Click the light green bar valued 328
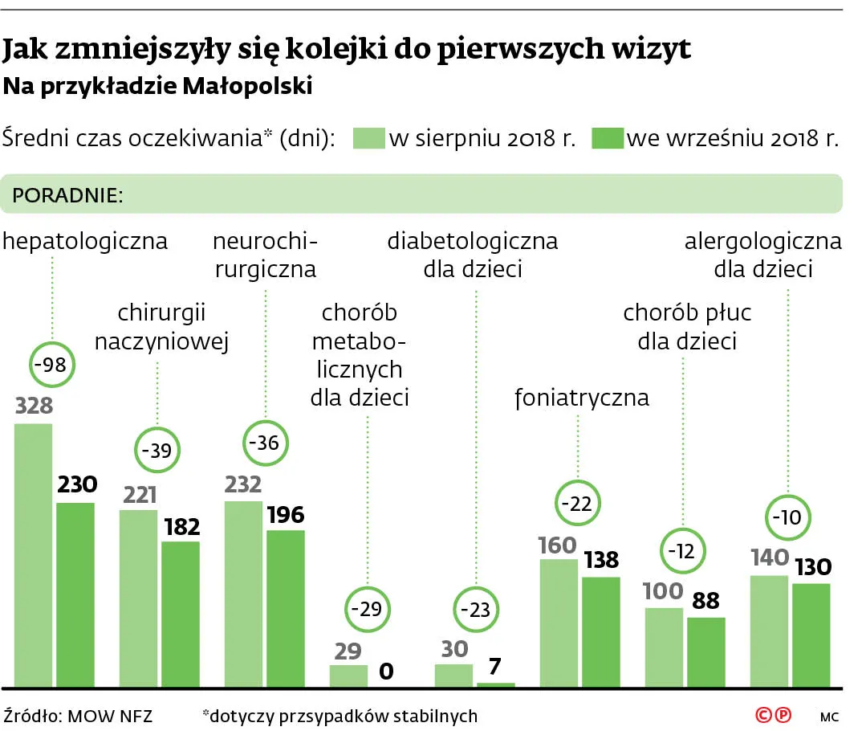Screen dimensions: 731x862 [34, 554]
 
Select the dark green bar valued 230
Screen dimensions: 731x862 [75, 594]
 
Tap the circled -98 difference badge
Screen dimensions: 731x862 [54, 365]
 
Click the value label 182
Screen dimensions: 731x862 [180, 527]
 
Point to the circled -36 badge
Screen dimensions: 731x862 [265, 443]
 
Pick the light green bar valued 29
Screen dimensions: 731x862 [348, 676]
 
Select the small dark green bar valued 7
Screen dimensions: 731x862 [495, 684]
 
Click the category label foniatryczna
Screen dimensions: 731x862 [581, 398]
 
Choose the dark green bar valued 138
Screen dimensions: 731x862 [600, 631]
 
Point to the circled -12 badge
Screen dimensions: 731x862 [684, 551]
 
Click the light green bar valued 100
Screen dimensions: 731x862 [664, 647]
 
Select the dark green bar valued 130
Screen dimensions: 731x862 [811, 635]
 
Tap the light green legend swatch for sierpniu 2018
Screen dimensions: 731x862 [368, 137]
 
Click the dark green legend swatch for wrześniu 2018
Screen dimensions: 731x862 [608, 137]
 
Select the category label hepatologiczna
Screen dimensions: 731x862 [86, 241]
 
